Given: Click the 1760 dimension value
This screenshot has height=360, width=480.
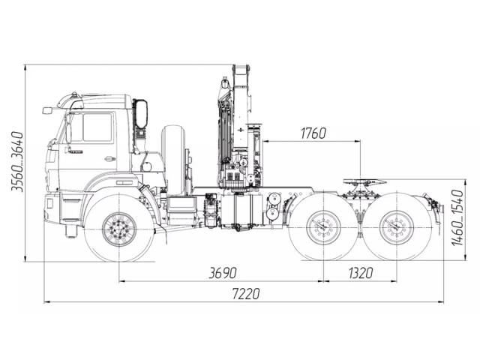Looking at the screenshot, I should [313, 134].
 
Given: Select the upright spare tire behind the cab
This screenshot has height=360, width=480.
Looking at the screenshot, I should [175, 158].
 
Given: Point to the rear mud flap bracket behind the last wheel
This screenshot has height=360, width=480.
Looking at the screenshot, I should [429, 203].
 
